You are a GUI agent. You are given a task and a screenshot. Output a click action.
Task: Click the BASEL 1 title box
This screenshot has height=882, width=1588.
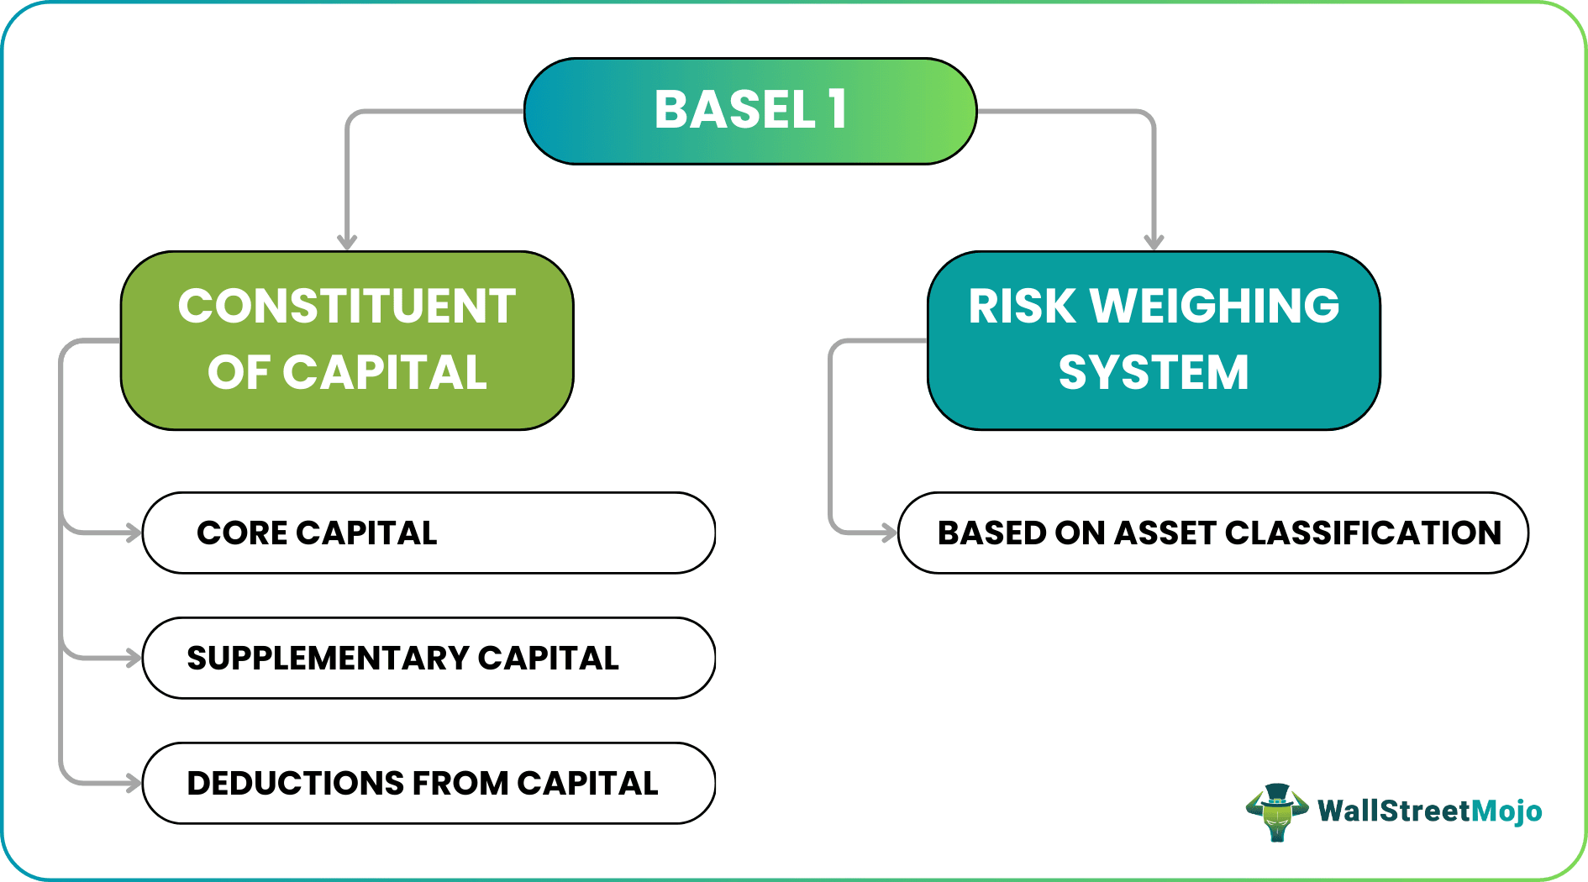tap(750, 111)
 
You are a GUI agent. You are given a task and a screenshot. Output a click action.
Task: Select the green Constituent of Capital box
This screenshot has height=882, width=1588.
tap(347, 340)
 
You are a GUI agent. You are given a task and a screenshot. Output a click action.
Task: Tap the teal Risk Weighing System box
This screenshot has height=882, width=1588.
tap(1154, 340)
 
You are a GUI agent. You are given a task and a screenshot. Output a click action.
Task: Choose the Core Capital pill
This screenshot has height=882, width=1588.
tap(429, 533)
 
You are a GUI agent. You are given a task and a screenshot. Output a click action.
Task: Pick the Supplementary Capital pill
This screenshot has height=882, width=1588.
tap(429, 658)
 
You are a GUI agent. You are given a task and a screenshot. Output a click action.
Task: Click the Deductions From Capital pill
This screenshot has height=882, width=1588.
tap(429, 783)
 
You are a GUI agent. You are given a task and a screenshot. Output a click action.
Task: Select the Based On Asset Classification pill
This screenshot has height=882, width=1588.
tap(1212, 533)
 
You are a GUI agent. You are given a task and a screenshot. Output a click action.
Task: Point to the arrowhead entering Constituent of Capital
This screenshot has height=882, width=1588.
tap(347, 242)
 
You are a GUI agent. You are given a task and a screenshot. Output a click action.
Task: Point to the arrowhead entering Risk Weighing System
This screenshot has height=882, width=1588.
tap(1154, 242)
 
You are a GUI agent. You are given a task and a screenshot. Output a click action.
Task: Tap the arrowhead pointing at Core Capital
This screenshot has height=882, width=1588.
tap(133, 533)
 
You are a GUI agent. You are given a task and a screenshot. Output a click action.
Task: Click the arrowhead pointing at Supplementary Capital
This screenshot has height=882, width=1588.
tap(133, 658)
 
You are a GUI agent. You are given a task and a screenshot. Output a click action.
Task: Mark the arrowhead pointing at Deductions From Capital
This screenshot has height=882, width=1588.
tap(133, 783)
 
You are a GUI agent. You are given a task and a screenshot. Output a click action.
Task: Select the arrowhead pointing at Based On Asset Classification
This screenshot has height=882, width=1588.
tap(888, 533)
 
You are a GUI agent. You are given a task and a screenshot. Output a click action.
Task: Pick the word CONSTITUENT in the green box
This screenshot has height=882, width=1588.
tap(347, 306)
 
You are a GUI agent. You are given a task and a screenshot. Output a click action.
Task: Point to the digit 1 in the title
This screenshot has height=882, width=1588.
tap(837, 110)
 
